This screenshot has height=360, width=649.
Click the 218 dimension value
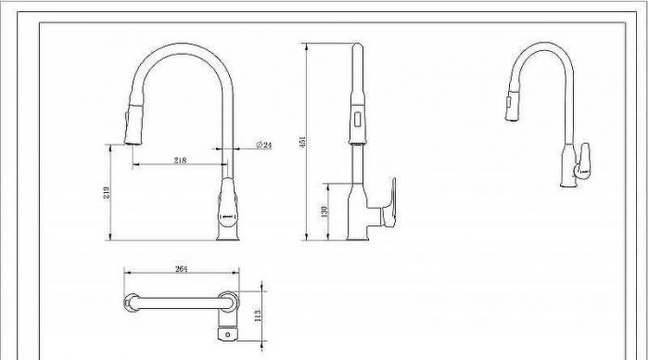(180, 160)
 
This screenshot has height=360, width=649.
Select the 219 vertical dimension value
(107, 193)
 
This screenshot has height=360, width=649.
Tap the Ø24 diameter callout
(264, 145)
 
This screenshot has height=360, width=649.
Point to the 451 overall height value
(302, 142)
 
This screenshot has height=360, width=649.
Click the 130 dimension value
(324, 212)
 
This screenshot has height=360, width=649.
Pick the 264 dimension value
(181, 269)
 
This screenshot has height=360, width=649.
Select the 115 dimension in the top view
(258, 315)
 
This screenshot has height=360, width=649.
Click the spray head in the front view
(134, 124)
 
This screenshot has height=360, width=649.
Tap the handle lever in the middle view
(388, 203)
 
